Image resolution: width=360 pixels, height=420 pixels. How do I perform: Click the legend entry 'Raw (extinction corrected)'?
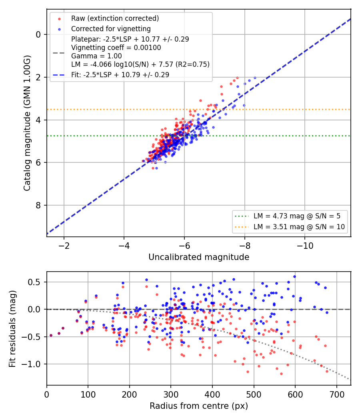point(115,18)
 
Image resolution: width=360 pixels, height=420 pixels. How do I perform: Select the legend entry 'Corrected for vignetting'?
point(111,29)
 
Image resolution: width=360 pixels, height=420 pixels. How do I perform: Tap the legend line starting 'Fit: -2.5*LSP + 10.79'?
point(120,75)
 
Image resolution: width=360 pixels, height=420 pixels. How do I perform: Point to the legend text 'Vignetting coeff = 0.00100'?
point(116,48)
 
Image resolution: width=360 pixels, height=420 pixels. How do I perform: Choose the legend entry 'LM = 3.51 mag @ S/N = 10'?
point(299,227)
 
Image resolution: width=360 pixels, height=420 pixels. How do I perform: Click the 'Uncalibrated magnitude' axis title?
point(199,257)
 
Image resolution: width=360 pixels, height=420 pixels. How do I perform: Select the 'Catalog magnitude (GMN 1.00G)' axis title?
point(27,123)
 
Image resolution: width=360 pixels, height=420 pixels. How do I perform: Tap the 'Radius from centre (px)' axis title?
point(199,406)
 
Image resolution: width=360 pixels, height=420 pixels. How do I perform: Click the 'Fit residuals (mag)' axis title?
point(12,329)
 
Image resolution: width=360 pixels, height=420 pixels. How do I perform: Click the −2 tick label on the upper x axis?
point(64,246)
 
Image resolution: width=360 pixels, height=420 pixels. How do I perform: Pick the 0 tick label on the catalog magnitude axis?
point(38,34)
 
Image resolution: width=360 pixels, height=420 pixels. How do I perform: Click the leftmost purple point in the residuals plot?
point(51,335)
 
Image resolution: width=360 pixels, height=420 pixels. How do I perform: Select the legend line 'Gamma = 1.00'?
point(96,56)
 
